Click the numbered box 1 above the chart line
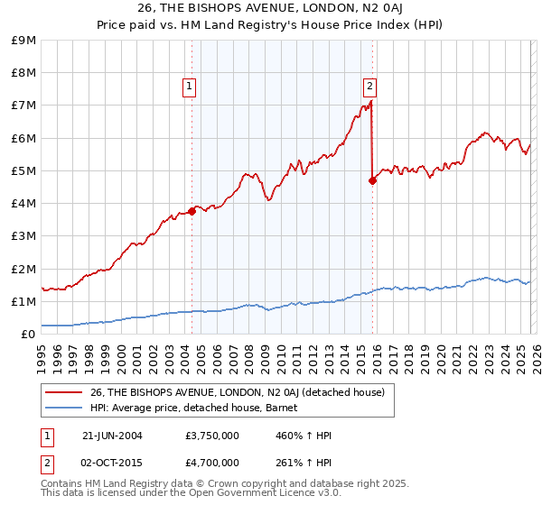click(x=190, y=87)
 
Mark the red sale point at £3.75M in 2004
click(x=192, y=211)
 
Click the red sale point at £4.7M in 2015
click(x=372, y=180)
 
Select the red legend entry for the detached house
click(x=237, y=392)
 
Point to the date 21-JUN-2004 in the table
click(x=112, y=436)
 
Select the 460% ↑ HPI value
click(x=304, y=436)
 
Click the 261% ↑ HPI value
click(x=304, y=462)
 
